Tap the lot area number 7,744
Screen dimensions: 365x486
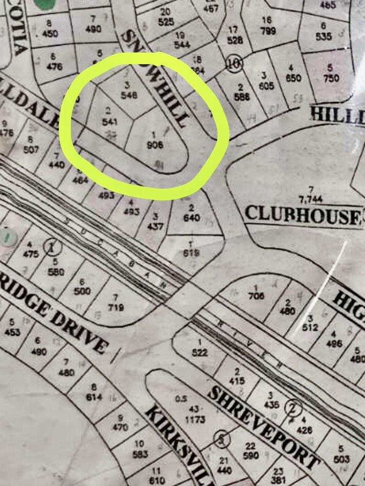(x=309, y=199)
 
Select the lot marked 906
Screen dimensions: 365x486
(x=157, y=144)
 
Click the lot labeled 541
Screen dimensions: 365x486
(x=109, y=121)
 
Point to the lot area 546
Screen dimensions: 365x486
(x=129, y=95)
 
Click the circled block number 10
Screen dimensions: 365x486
(x=234, y=63)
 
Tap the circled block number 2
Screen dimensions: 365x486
(x=293, y=406)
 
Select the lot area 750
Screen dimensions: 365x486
(x=331, y=78)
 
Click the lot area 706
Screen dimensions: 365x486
(x=256, y=295)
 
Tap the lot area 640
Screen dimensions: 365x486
(x=191, y=218)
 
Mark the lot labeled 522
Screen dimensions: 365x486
(x=200, y=353)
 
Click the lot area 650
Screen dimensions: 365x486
(x=293, y=78)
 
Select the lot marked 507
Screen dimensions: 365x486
(x=31, y=149)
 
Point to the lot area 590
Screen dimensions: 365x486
(x=251, y=455)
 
